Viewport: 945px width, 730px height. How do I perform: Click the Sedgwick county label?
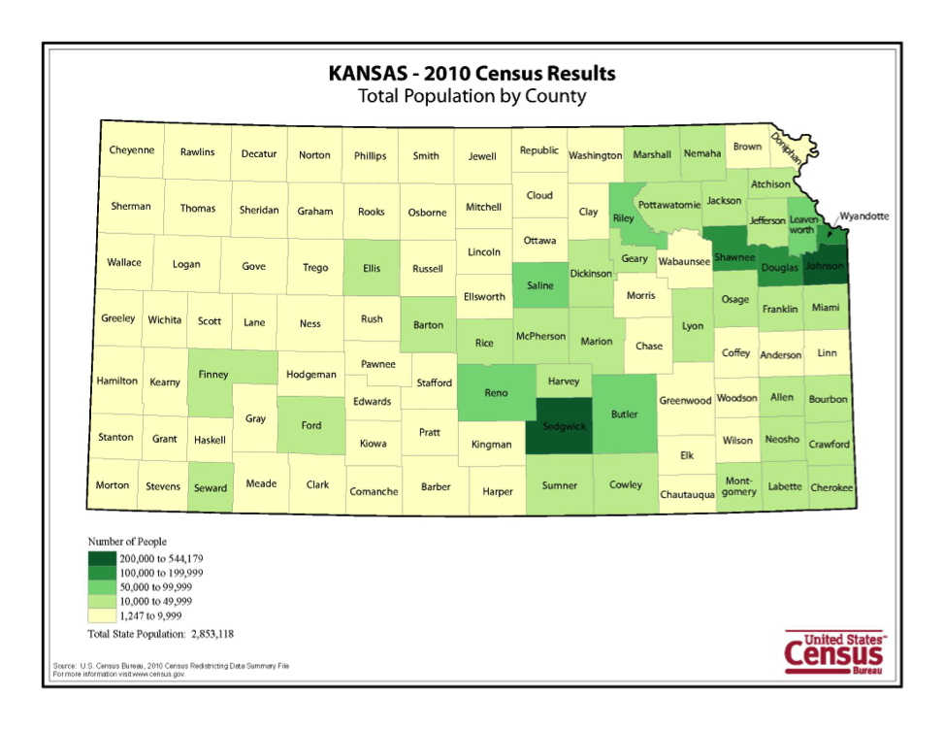tap(565, 425)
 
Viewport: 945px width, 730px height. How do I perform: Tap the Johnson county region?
tap(825, 265)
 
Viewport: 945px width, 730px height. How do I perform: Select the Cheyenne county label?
tap(131, 150)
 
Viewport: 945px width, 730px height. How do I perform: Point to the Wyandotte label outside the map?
tap(864, 216)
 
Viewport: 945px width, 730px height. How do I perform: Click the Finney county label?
tap(213, 374)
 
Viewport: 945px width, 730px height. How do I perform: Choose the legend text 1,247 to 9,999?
tap(150, 615)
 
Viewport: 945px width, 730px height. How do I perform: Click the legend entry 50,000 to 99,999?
tap(155, 587)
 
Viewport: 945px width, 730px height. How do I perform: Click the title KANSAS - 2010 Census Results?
tap(472, 74)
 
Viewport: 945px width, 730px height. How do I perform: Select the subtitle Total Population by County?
tap(472, 96)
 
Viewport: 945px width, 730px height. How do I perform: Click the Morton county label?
tap(112, 484)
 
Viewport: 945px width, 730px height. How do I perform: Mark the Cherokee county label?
tap(831, 487)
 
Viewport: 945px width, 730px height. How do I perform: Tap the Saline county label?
tap(540, 285)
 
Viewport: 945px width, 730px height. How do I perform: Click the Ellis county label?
tap(372, 269)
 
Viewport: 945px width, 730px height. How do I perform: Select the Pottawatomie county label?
tap(668, 206)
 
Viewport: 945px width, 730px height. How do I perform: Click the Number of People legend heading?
tap(127, 542)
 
